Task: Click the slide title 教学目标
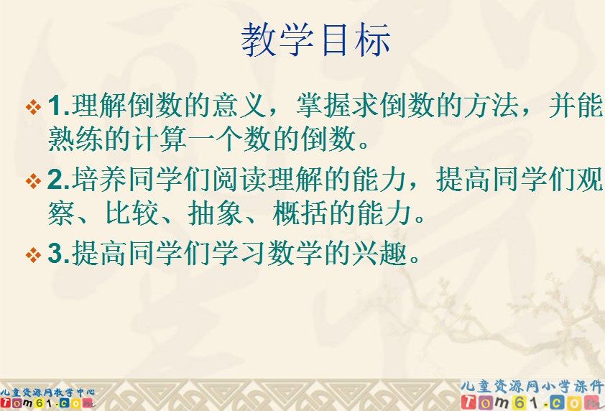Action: click(x=315, y=40)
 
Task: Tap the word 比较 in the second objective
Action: click(x=152, y=213)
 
